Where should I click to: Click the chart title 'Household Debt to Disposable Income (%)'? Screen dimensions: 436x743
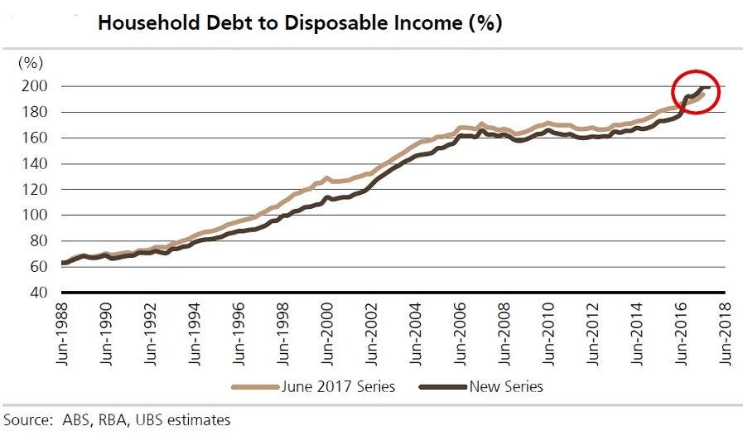pyautogui.click(x=300, y=23)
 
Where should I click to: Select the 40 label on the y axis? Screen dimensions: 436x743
pyautogui.click(x=38, y=292)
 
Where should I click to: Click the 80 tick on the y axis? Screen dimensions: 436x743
pyautogui.click(x=38, y=240)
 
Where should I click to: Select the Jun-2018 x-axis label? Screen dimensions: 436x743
pyautogui.click(x=726, y=332)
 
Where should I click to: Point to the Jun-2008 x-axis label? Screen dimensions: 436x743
pyautogui.click(x=504, y=332)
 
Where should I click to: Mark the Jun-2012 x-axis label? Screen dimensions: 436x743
pyautogui.click(x=593, y=332)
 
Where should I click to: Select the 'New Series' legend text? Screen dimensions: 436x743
pyautogui.click(x=506, y=386)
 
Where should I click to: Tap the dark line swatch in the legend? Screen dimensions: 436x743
pyautogui.click(x=443, y=386)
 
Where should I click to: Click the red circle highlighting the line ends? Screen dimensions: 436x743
pyautogui.click(x=697, y=92)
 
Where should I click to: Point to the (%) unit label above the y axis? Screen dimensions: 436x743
pyautogui.click(x=30, y=62)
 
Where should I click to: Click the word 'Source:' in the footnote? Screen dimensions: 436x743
pyautogui.click(x=27, y=419)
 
